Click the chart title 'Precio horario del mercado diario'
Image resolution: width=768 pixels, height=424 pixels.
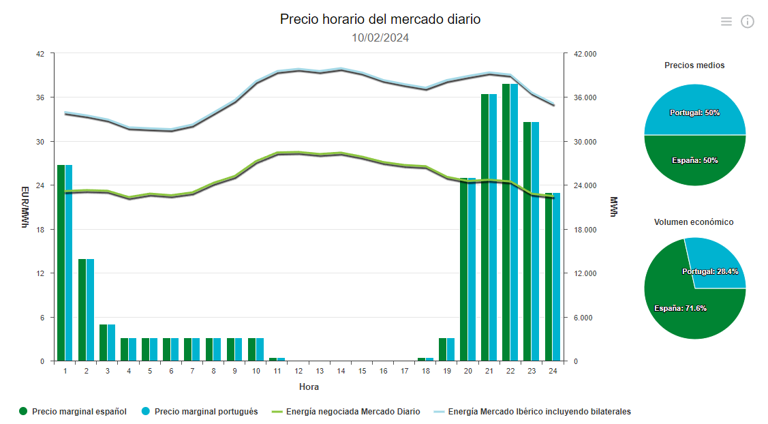(x=380, y=19)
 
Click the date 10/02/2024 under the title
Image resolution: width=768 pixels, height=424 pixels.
(x=380, y=38)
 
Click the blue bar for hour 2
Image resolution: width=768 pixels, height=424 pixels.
(x=90, y=309)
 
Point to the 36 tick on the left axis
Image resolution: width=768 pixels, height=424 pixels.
(x=40, y=97)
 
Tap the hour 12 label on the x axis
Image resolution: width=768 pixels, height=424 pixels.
(x=298, y=372)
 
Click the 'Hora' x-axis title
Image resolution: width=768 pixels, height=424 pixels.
(x=309, y=387)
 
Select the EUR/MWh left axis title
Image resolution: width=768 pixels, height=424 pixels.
(x=25, y=207)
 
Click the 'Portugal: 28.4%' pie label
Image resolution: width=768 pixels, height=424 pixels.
(x=710, y=271)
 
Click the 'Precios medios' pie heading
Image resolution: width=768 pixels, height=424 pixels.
(x=694, y=65)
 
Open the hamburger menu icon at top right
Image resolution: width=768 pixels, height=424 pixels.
(x=726, y=22)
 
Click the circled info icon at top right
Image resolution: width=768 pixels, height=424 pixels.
(x=748, y=22)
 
